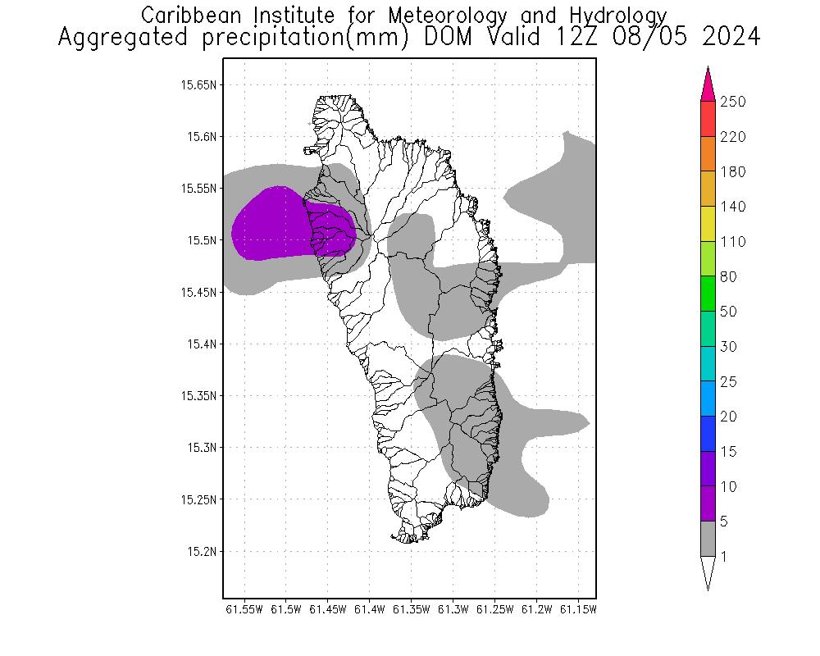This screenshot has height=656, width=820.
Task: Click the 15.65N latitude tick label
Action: pos(199,84)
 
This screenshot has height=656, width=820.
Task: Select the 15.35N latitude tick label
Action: pos(199,395)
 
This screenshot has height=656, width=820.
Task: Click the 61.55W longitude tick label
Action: pos(244,609)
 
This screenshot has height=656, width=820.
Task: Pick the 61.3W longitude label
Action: pos(453,609)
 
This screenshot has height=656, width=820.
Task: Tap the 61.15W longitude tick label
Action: pos(578,609)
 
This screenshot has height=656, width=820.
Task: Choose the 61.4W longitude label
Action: pos(370,609)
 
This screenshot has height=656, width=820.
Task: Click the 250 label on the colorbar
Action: pos(732,102)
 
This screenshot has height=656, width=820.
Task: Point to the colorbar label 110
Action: pos(732,242)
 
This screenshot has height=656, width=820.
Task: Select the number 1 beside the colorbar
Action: pos(723,557)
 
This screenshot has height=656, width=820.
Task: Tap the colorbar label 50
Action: pos(728,312)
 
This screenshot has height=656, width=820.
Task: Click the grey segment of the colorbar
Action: pos(708,539)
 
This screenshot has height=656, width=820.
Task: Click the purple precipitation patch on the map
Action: pos(271,223)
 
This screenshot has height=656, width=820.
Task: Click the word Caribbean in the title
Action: pos(189,16)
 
